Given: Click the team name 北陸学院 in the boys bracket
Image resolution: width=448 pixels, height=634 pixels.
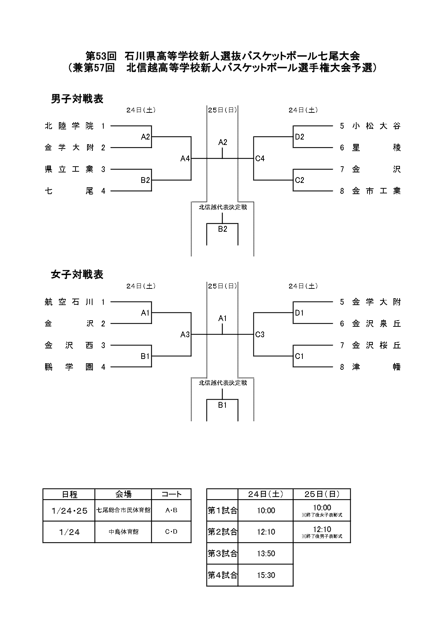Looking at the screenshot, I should pyautogui.click(x=69, y=126).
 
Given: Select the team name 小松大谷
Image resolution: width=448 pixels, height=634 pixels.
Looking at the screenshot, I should pyautogui.click(x=376, y=126).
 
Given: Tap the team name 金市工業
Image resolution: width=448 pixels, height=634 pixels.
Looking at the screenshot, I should pyautogui.click(x=376, y=191).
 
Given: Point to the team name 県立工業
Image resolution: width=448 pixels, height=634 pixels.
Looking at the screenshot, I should pyautogui.click(x=69, y=169).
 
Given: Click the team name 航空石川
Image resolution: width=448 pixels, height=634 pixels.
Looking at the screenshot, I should pyautogui.click(x=69, y=302).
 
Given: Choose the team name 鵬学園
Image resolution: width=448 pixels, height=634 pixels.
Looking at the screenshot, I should pyautogui.click(x=69, y=367).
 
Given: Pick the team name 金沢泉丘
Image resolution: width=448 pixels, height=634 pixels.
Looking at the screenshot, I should pyautogui.click(x=376, y=324).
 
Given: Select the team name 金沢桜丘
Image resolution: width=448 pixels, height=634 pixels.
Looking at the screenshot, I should pyautogui.click(x=376, y=346).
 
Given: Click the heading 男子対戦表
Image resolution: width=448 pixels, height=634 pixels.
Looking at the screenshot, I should pyautogui.click(x=77, y=99).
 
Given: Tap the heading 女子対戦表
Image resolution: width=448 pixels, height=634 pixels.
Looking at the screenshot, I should pyautogui.click(x=77, y=275).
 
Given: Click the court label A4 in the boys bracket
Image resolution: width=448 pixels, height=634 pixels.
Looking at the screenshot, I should pyautogui.click(x=185, y=158).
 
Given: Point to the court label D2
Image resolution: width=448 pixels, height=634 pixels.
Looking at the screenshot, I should pyautogui.click(x=300, y=137).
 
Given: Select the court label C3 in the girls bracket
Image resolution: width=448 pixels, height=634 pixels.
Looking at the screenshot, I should pyautogui.click(x=260, y=335).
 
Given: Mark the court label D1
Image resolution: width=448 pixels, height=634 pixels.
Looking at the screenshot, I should pyautogui.click(x=300, y=313).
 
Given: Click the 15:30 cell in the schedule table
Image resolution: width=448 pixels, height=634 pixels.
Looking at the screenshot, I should pyautogui.click(x=266, y=575).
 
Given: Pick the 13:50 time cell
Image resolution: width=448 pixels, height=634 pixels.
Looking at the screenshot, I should pyautogui.click(x=266, y=553).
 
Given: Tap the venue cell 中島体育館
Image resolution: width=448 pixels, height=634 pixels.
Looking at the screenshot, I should pyautogui.click(x=123, y=532).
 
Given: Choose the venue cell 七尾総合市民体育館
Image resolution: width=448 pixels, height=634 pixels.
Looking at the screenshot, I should pyautogui.click(x=123, y=510).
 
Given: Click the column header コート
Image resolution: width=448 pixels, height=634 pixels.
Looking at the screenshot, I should pyautogui.click(x=171, y=494).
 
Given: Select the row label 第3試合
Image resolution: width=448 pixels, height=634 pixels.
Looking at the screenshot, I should pyautogui.click(x=222, y=553).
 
